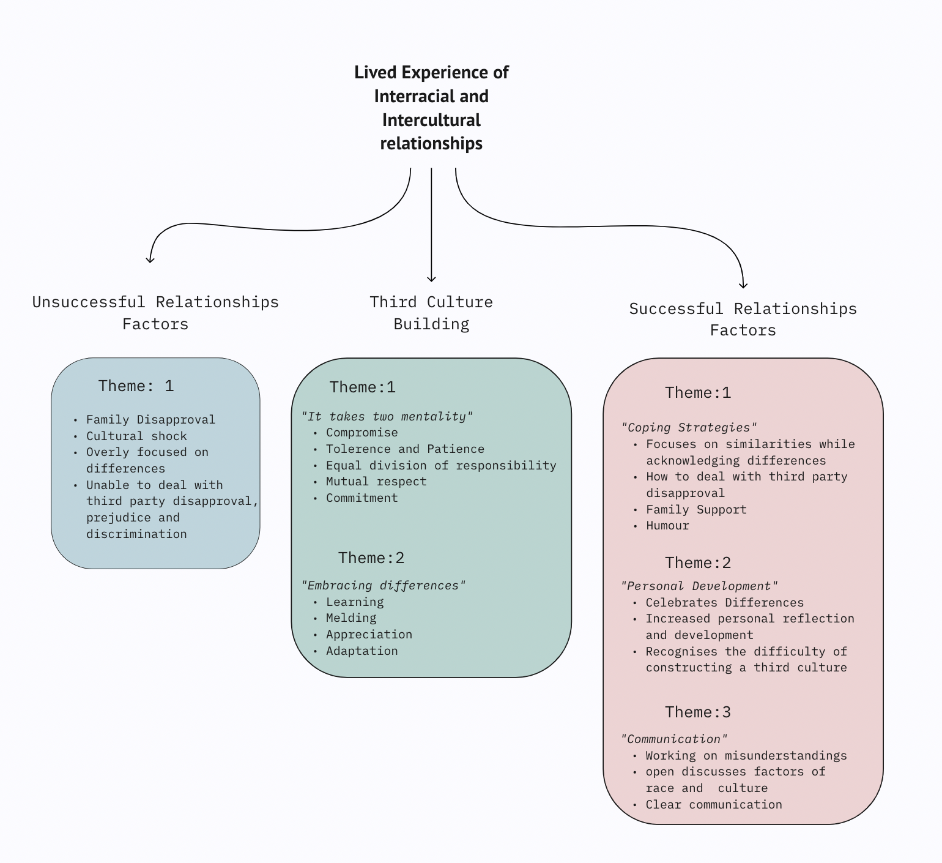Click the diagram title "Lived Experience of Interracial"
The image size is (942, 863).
click(431, 107)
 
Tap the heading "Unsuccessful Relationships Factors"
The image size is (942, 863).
click(155, 313)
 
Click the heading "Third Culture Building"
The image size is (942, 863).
click(431, 313)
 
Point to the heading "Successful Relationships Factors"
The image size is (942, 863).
click(743, 319)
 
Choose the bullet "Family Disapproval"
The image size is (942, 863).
click(150, 420)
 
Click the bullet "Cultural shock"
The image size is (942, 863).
click(136, 436)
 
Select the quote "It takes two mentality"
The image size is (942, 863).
click(387, 416)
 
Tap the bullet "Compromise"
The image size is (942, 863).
click(362, 433)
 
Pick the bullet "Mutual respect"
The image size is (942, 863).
click(376, 482)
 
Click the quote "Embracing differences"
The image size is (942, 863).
click(384, 586)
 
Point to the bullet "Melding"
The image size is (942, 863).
click(351, 618)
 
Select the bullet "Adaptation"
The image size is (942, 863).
click(362, 651)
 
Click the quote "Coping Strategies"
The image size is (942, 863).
click(689, 428)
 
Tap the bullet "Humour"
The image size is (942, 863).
click(667, 526)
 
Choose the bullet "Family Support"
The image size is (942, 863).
click(696, 510)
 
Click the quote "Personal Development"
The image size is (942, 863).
click(700, 586)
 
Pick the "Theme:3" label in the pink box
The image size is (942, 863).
click(698, 712)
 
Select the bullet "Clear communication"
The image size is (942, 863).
click(714, 805)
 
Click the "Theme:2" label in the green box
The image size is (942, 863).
click(371, 558)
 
